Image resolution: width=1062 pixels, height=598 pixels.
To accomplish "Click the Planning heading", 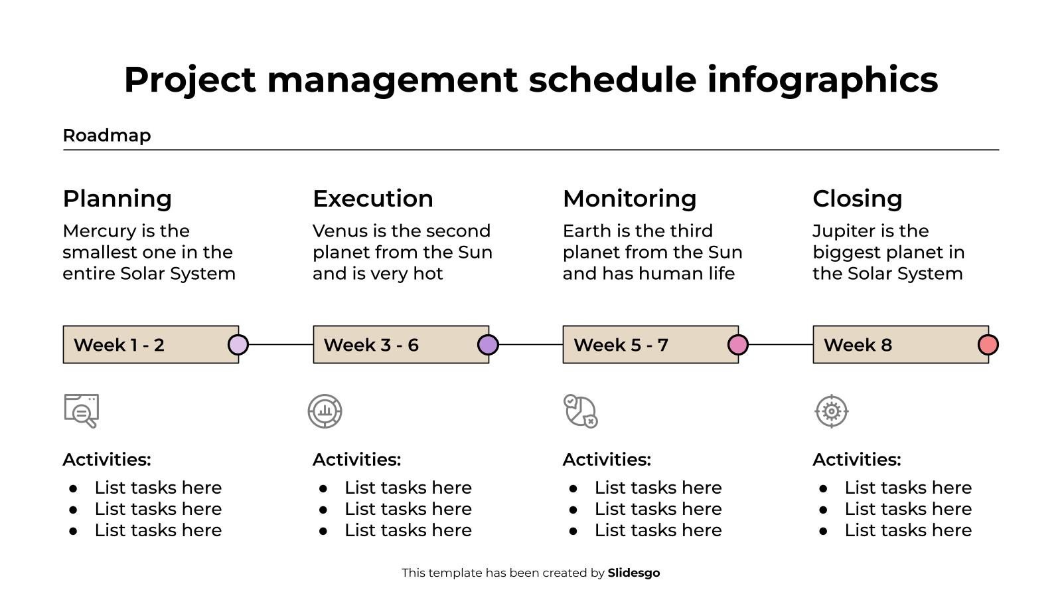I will click(117, 199).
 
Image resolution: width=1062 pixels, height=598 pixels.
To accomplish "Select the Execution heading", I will click(372, 199).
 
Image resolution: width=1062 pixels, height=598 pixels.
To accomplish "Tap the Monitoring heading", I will click(629, 199).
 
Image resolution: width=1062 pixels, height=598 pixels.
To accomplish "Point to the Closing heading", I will click(857, 199).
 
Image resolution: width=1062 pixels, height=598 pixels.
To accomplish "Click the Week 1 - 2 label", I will click(119, 345).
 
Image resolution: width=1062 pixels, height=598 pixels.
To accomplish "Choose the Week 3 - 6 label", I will click(371, 345).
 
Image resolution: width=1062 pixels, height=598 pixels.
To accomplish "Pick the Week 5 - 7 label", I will click(621, 345).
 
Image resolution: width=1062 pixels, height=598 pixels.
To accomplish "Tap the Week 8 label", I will click(858, 345).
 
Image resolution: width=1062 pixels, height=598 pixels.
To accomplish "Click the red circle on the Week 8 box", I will click(988, 345).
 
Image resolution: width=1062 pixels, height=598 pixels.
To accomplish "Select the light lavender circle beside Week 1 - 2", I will click(238, 345).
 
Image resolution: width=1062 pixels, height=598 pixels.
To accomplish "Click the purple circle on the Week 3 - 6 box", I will click(488, 345).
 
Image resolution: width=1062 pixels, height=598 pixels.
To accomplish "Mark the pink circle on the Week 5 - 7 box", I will click(738, 345).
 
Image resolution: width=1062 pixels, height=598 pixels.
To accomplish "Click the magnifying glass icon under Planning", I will click(82, 411).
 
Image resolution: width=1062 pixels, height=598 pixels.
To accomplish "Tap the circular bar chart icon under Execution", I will click(325, 411).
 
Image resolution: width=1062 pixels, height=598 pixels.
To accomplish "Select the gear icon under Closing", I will click(832, 411).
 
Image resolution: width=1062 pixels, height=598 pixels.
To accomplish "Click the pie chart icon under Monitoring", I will click(581, 411).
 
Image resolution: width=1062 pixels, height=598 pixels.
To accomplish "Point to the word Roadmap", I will click(107, 136).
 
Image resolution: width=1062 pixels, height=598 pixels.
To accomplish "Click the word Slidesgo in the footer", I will click(633, 573).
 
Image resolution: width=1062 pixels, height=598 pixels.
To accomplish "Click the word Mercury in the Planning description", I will click(99, 231).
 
